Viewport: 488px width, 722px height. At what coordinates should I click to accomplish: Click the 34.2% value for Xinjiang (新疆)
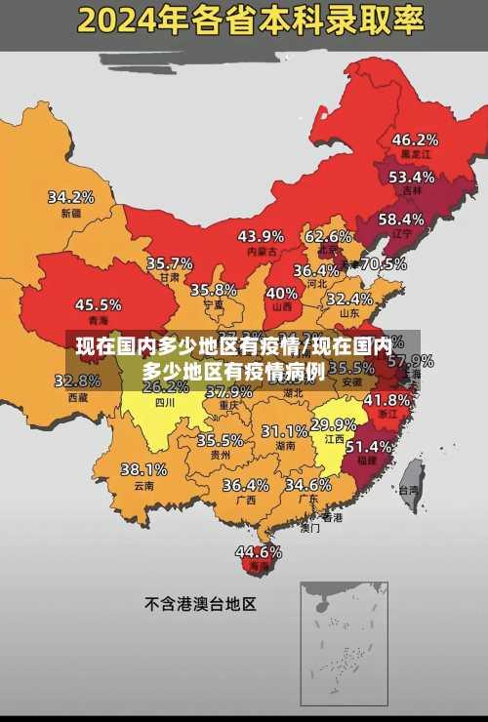click(x=71, y=196)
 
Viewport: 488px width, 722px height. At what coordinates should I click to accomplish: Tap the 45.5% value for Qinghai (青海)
click(x=99, y=304)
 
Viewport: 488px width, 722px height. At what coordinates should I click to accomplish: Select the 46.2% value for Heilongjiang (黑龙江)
click(x=415, y=139)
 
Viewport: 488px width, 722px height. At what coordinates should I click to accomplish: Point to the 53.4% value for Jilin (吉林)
click(x=411, y=177)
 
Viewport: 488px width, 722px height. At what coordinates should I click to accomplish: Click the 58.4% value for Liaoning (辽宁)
click(x=401, y=219)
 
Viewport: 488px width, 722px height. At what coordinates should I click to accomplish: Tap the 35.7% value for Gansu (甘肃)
click(x=170, y=262)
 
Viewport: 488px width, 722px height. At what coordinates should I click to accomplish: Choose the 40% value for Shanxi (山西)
click(x=282, y=292)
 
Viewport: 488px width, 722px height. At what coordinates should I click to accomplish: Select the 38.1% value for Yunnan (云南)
click(x=143, y=469)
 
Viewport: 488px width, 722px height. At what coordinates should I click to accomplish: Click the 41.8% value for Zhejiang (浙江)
click(x=386, y=399)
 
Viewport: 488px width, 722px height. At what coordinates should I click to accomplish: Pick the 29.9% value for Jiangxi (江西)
click(x=333, y=424)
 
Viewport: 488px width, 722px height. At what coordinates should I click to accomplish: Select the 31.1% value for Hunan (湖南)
click(x=285, y=430)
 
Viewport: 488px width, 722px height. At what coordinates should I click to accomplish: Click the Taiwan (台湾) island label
click(x=411, y=490)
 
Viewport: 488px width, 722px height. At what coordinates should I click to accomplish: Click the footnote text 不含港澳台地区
click(x=201, y=604)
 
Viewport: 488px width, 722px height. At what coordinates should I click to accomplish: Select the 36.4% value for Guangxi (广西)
click(x=245, y=484)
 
